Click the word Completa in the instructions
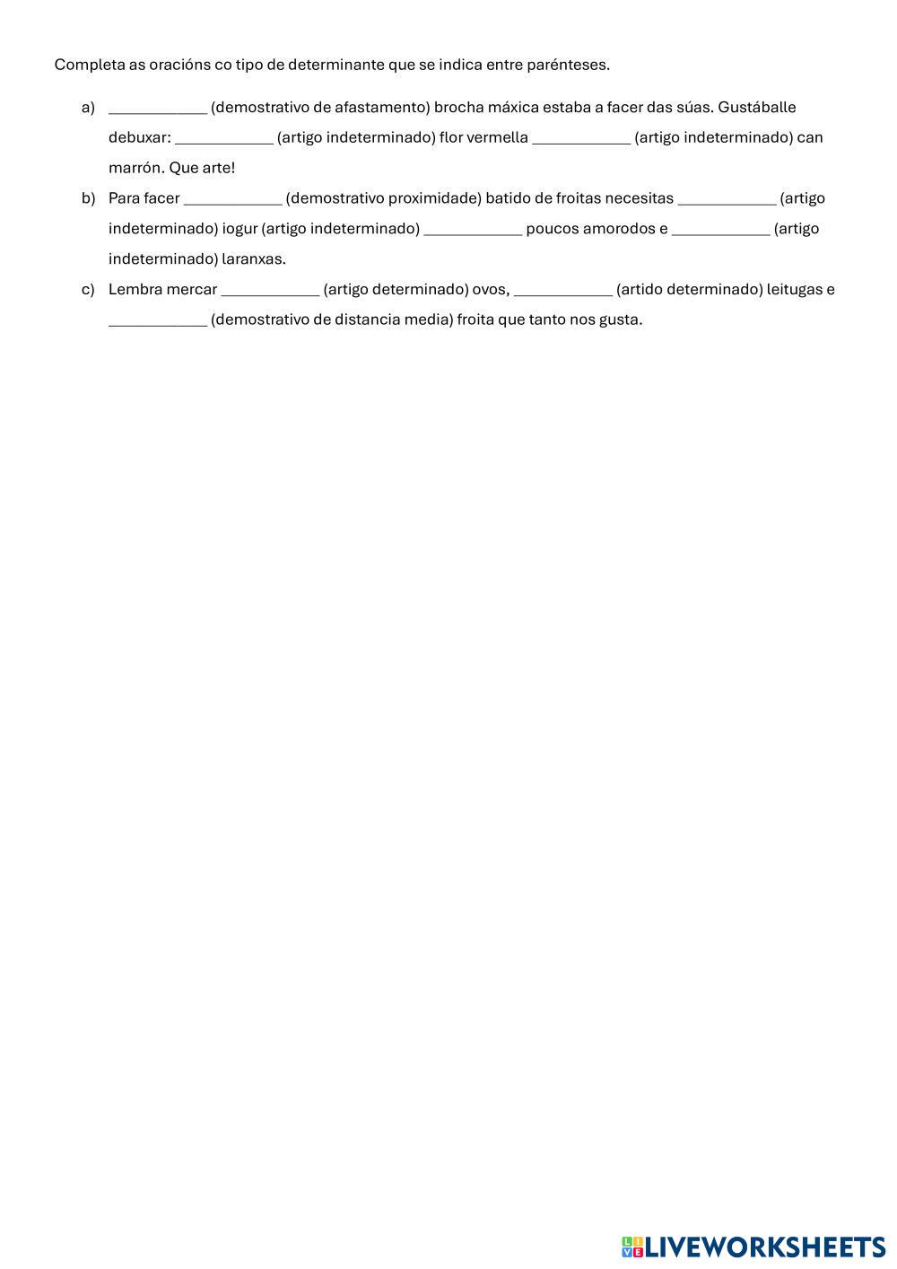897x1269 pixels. [x=83, y=65]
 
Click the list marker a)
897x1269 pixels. [x=88, y=108]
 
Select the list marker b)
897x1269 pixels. [x=88, y=198]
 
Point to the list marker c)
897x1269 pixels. [x=88, y=290]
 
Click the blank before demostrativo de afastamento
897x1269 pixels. [x=158, y=108]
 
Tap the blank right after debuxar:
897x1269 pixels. [x=224, y=138]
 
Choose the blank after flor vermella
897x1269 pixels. [x=581, y=138]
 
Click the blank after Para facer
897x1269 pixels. [x=232, y=198]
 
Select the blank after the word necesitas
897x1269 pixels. [x=727, y=198]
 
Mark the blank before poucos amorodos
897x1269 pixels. [x=473, y=229]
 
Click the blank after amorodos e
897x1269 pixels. [x=720, y=229]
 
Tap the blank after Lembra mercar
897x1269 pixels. [x=270, y=290]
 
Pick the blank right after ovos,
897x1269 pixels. [x=563, y=290]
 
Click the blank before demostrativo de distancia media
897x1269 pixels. [x=158, y=320]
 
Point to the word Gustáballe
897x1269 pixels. [x=756, y=108]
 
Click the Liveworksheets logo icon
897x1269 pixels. [x=632, y=1247]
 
